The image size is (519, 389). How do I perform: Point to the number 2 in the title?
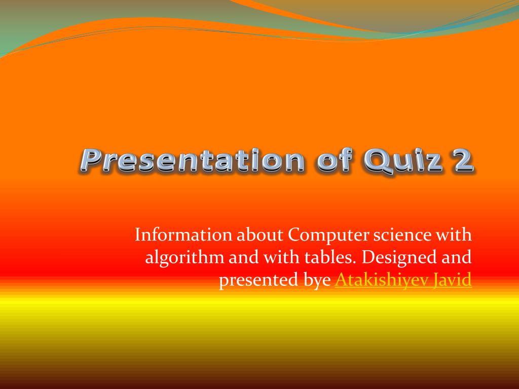point(462,161)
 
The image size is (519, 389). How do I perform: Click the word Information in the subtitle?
point(183,235)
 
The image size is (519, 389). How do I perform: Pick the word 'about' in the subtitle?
point(260,235)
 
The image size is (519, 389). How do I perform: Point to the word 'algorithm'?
point(184,258)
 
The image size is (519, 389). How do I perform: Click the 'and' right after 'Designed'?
point(457,257)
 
